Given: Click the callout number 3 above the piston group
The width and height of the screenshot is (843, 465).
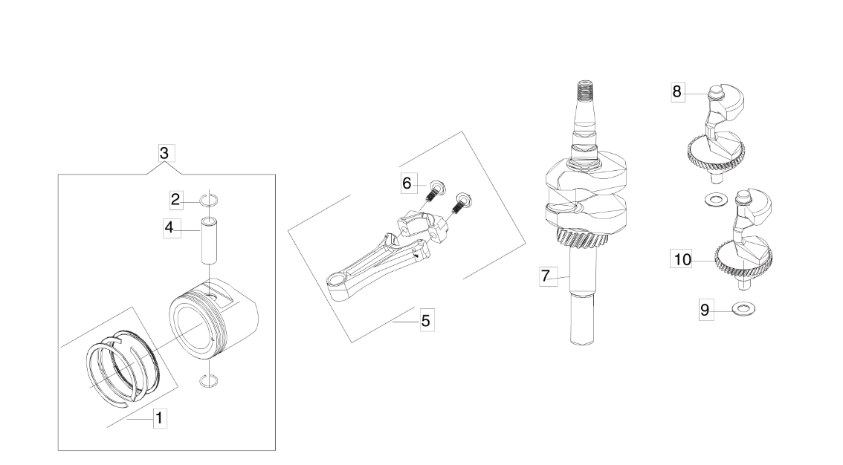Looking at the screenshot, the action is [164, 154].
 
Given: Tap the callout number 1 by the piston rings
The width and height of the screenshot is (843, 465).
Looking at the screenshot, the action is [158, 418].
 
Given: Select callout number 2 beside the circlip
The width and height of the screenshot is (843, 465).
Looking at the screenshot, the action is [175, 200].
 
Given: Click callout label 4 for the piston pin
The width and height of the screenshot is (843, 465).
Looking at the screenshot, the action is [169, 228].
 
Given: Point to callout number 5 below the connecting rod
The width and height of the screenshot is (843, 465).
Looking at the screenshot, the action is [426, 322].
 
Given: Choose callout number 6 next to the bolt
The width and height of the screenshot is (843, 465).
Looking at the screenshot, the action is [407, 184].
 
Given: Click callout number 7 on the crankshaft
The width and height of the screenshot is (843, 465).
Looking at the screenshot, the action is [546, 276].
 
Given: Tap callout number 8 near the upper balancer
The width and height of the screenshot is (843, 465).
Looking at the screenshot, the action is [677, 92].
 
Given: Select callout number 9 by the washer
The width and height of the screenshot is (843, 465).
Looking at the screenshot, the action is [705, 310].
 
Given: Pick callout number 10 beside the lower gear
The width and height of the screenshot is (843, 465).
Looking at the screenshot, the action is [682, 261].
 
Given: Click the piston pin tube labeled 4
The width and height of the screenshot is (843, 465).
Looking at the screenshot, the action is [209, 240].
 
